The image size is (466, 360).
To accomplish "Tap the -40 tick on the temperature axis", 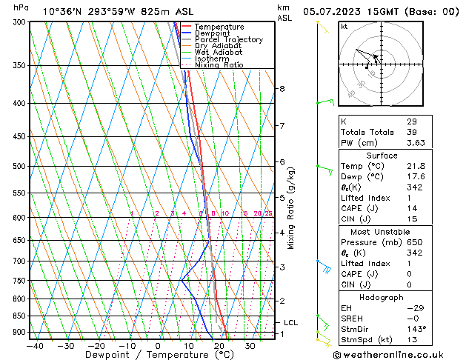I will coord(34,345).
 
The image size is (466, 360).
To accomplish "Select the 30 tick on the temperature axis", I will coord(250,345).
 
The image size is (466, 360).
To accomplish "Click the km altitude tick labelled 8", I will coord(282,89).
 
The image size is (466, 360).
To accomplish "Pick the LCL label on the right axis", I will coord(290,323).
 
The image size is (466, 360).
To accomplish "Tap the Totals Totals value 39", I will coord(412,132).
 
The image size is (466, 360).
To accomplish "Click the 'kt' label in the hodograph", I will coord(344,27).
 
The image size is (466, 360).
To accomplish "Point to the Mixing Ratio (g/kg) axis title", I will coord(291,208).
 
